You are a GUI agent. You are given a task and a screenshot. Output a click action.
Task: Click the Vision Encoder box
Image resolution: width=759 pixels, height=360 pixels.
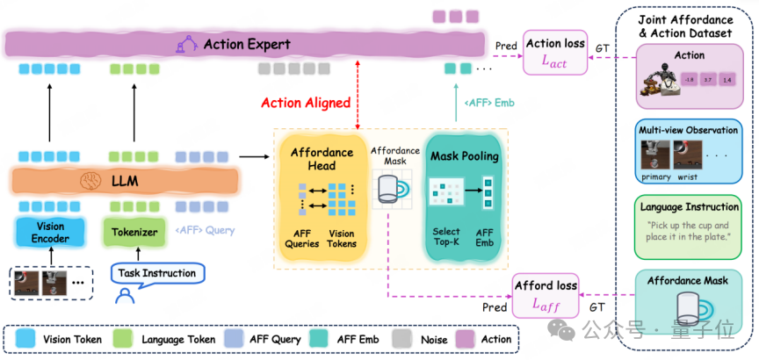click(x=50, y=232)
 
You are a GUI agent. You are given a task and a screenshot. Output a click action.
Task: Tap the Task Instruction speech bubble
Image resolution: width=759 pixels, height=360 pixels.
click(x=158, y=273)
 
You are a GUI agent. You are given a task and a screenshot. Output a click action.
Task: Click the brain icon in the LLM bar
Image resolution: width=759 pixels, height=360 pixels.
click(x=89, y=182)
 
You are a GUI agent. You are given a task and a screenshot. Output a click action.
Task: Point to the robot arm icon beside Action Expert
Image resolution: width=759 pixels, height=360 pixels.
click(x=187, y=45)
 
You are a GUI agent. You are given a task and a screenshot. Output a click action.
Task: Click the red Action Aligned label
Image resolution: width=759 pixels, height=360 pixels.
click(x=306, y=103)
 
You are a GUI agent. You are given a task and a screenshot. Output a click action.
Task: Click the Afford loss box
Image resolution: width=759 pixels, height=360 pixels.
click(x=545, y=295)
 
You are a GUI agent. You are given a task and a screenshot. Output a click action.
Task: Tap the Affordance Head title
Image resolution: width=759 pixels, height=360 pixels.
click(x=322, y=159)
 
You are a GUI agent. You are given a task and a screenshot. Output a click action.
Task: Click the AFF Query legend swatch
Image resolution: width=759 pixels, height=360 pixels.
click(x=232, y=339)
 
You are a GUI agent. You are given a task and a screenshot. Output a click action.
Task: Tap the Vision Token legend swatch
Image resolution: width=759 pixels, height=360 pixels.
click(x=24, y=339)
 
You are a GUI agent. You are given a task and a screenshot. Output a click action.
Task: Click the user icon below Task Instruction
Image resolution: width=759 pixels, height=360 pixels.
click(x=125, y=296)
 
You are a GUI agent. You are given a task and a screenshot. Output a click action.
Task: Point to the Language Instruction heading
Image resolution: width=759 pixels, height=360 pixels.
click(x=690, y=207)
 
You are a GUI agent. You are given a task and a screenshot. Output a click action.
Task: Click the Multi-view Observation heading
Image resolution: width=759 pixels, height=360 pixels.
click(x=689, y=130)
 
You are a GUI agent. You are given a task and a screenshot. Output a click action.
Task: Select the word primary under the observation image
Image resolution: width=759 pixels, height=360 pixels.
click(x=656, y=176)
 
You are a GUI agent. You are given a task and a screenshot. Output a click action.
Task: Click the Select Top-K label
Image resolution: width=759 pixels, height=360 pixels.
click(x=446, y=236)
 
